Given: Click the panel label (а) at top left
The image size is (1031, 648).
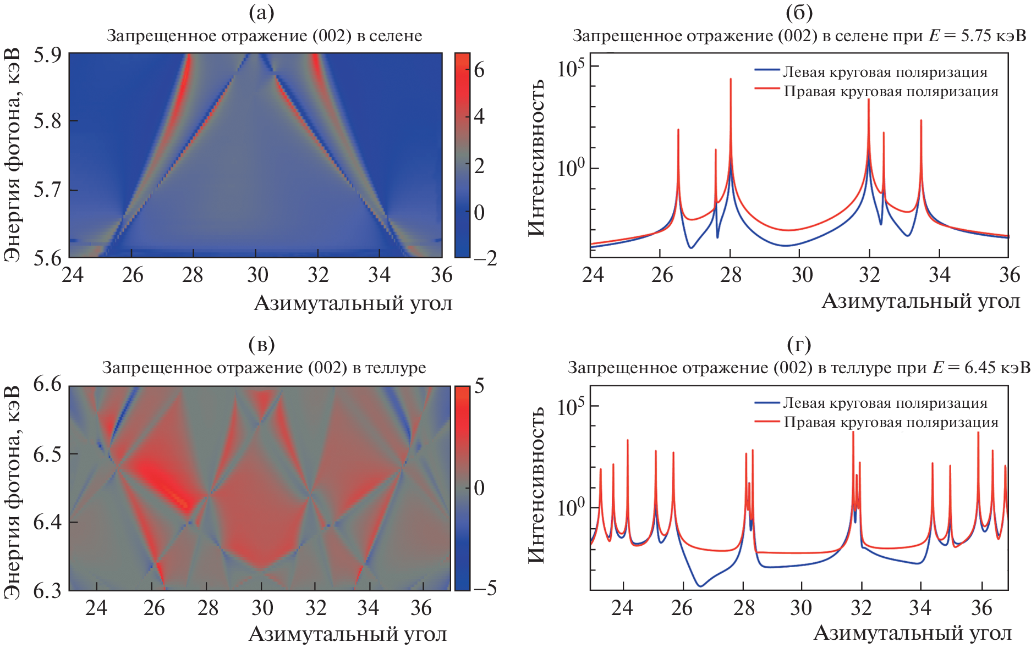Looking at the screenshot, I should click(261, 13).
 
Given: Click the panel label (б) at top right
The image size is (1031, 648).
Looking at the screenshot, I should click(799, 13).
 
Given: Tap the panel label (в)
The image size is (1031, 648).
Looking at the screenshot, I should click(261, 345).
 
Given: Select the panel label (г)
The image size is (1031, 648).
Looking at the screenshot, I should click(799, 345).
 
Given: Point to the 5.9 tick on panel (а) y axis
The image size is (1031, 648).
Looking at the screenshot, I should click(48, 56).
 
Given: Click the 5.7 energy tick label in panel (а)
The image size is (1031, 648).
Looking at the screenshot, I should click(48, 191).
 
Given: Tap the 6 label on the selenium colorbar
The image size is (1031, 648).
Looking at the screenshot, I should click(479, 70).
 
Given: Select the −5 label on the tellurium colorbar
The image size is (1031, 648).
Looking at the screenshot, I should click(484, 588).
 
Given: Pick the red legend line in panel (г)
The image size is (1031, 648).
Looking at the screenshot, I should click(767, 422).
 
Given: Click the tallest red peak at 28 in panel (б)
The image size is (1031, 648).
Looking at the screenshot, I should click(731, 80).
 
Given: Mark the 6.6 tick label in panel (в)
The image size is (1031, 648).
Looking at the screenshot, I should click(48, 384).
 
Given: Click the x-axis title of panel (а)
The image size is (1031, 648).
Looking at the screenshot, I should click(353, 303).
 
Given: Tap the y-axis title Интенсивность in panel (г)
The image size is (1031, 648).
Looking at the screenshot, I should click(536, 485).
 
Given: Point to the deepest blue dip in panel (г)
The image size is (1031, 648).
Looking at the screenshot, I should click(700, 586).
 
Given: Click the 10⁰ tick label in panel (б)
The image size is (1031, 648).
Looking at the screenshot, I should click(571, 168).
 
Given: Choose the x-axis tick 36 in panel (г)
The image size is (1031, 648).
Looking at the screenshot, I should click(981, 608).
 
